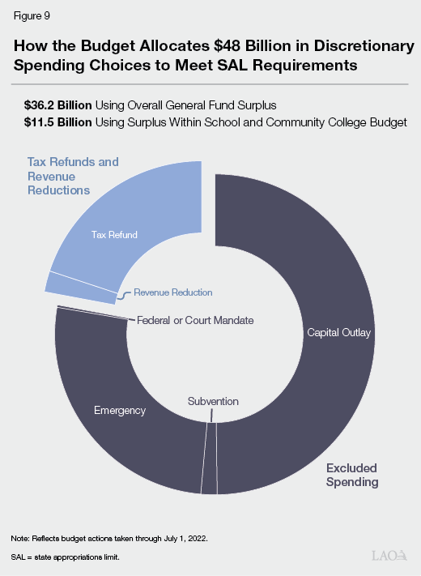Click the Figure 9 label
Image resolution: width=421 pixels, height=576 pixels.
pyautogui.click(x=32, y=15)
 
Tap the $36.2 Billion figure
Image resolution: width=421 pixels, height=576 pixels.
pyautogui.click(x=59, y=105)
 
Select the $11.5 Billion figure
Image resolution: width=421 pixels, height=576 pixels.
pyautogui.click(x=58, y=122)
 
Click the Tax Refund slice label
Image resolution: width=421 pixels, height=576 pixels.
pyautogui.click(x=113, y=235)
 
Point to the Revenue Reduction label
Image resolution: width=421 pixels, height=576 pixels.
pyautogui.click(x=173, y=292)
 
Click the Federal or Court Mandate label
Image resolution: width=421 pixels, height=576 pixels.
pyautogui.click(x=195, y=321)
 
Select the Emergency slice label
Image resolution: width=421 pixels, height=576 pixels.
pyautogui.click(x=119, y=410)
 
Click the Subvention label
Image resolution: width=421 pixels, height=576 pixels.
pyautogui.click(x=213, y=401)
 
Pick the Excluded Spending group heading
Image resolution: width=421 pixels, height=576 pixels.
pyautogui.click(x=352, y=475)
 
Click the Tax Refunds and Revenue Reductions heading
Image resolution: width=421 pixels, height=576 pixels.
pyautogui.click(x=72, y=176)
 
